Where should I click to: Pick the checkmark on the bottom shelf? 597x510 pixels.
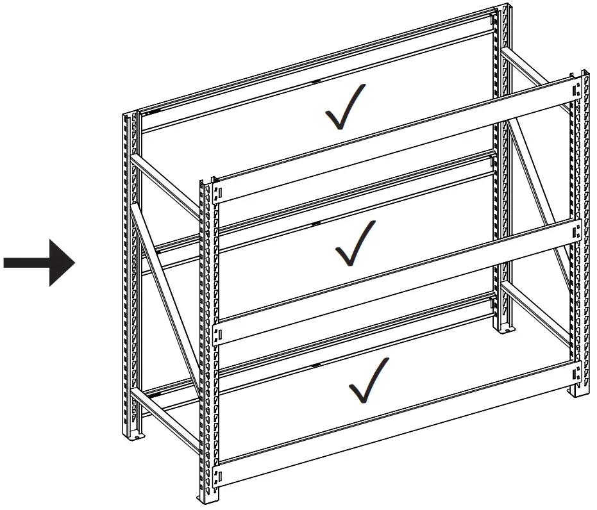[x=368, y=381]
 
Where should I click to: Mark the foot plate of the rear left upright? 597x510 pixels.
[x=136, y=436]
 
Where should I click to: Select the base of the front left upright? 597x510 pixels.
[x=210, y=497]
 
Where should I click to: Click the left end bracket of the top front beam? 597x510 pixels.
[x=218, y=192]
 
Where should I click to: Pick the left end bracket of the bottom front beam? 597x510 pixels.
[x=218, y=475]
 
